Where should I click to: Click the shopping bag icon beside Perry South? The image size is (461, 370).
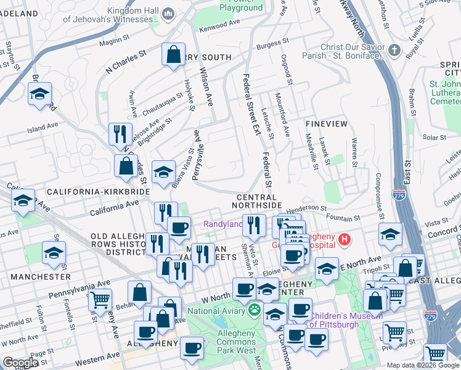point(174,54)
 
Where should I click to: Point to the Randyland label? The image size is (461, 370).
point(223,224)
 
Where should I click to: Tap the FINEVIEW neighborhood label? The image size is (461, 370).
point(327,124)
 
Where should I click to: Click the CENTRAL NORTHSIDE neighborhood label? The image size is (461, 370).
point(258,200)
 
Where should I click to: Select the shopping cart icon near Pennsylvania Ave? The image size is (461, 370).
point(100,300)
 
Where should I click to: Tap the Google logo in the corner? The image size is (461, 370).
point(20,363)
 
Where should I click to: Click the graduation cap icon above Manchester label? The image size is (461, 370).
point(54,252)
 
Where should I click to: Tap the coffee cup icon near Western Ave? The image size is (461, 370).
point(192,347)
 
